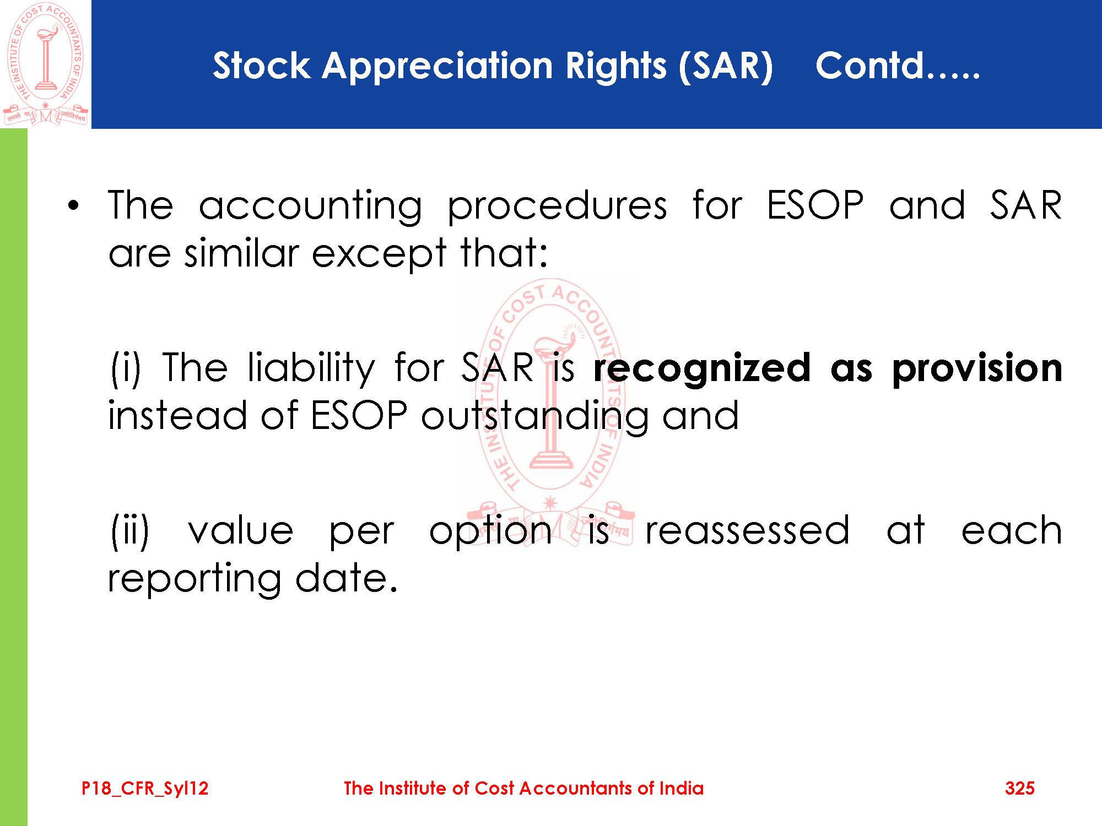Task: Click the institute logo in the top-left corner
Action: coord(46,64)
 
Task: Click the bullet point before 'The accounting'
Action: coord(74,206)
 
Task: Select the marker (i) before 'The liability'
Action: coord(126,367)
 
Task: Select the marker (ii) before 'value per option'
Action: coord(130,530)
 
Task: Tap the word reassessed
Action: coord(747,530)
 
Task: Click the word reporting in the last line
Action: coord(195,580)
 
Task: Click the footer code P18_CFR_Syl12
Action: coord(145,789)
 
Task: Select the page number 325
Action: coord(1020,788)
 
